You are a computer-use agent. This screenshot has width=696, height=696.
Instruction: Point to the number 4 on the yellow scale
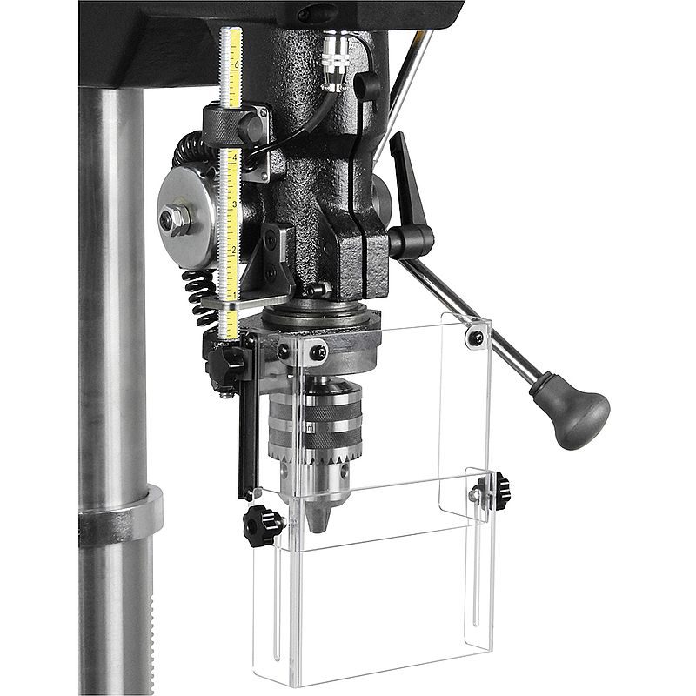(234, 157)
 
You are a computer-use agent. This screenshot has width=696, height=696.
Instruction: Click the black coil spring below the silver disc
(200, 296)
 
